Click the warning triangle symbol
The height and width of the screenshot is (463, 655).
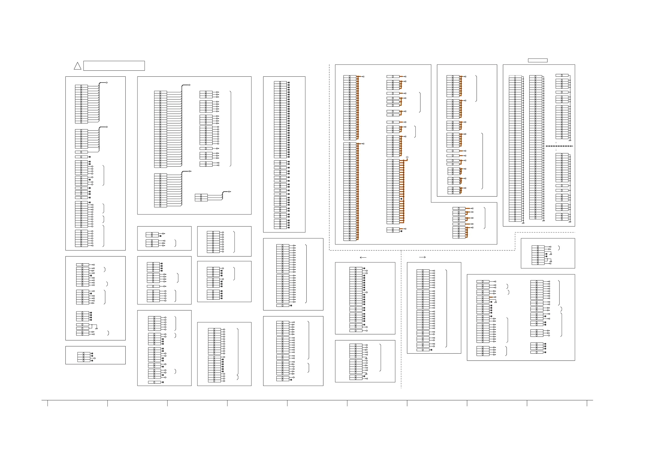[x=77, y=66]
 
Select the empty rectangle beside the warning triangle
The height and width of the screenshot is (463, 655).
[x=114, y=66]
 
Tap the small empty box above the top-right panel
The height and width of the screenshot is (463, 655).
[x=538, y=60]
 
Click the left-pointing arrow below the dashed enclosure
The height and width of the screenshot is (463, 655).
[x=363, y=257]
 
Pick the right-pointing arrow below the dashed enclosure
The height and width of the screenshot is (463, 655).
[x=422, y=257]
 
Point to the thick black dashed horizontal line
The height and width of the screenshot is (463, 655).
[x=559, y=146]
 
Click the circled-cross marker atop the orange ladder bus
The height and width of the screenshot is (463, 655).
[x=407, y=157]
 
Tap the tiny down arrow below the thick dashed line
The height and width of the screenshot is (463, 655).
[x=556, y=150]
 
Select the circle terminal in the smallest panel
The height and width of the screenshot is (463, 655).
[x=95, y=358]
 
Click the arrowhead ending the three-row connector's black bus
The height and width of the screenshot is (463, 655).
[x=230, y=192]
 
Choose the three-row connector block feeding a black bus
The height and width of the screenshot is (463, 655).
[x=201, y=197]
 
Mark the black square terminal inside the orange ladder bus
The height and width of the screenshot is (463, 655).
[x=401, y=199]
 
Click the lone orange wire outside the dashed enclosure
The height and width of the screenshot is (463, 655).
[x=491, y=297]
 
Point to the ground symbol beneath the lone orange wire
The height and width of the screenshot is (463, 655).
[x=496, y=302]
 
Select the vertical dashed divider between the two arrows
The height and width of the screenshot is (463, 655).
[x=401, y=319]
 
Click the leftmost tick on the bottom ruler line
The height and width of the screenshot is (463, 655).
[x=48, y=403]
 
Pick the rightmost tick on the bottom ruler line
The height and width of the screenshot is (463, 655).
[x=587, y=403]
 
